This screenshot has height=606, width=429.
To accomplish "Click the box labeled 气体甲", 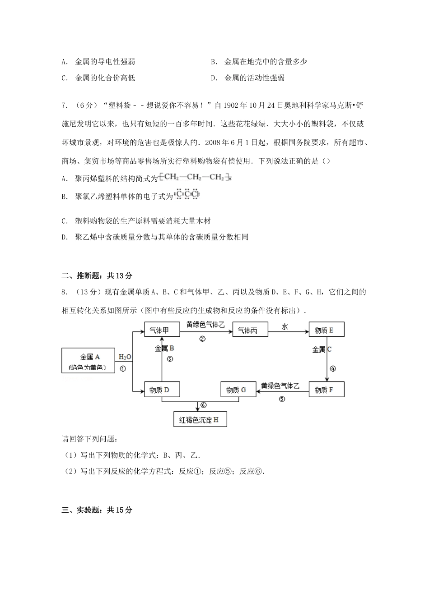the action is pyautogui.click(x=161, y=330).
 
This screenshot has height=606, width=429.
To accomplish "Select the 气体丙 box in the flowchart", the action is pyautogui.click(x=250, y=330).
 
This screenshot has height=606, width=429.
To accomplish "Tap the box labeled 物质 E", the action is pyautogui.click(x=326, y=330).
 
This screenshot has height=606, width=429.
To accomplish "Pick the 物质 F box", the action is pyautogui.click(x=326, y=390).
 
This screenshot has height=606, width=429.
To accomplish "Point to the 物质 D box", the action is pyautogui.click(x=161, y=390).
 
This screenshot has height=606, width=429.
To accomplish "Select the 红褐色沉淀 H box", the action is pyautogui.click(x=200, y=419).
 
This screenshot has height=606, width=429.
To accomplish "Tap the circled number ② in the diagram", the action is pyautogui.click(x=202, y=339).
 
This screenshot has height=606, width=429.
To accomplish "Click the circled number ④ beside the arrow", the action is pyautogui.click(x=333, y=368).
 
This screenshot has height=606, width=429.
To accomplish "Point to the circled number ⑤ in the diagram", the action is pyautogui.click(x=282, y=399).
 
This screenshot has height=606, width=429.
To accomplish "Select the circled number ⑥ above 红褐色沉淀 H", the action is pyautogui.click(x=203, y=405).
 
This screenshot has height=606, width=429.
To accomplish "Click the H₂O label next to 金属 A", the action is pyautogui.click(x=125, y=357).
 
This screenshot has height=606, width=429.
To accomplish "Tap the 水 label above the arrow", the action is pyautogui.click(x=284, y=326).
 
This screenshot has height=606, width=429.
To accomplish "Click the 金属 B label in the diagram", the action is pyautogui.click(x=164, y=348).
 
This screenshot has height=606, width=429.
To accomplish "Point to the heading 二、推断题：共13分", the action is pyautogui.click(x=97, y=276).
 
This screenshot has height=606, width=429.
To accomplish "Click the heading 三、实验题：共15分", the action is pyautogui.click(x=97, y=510).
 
